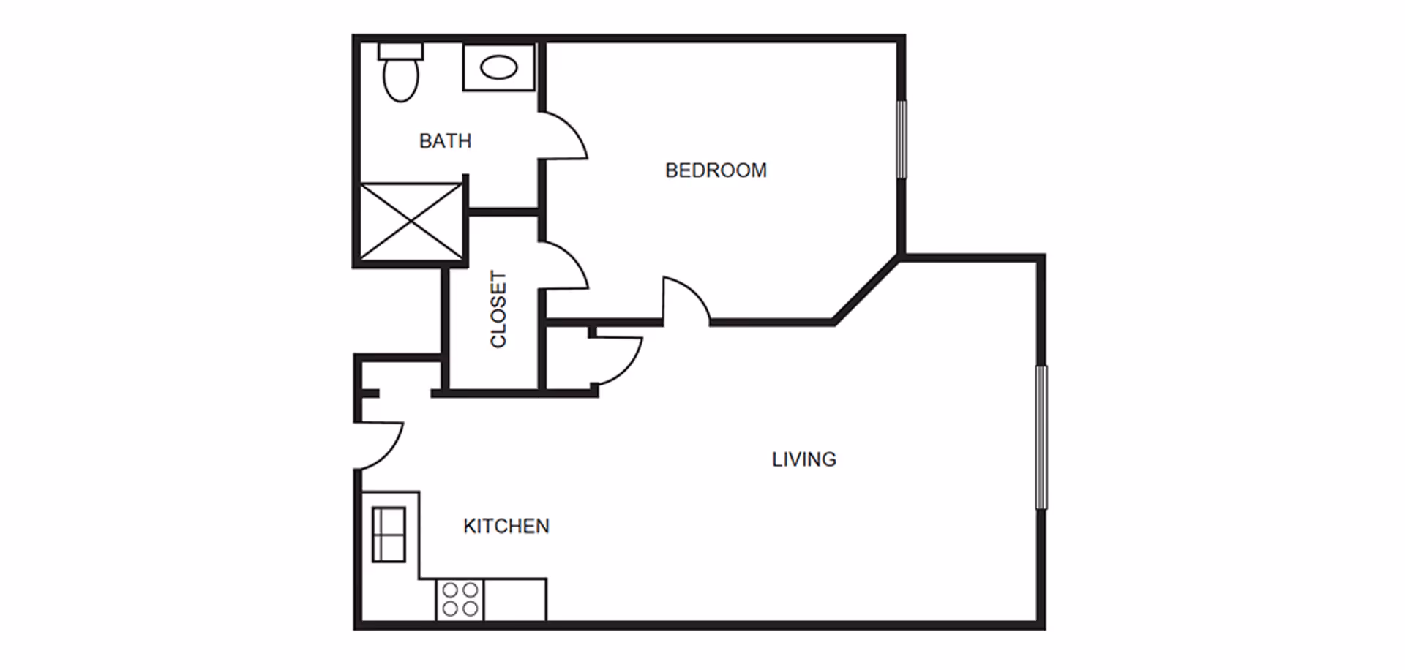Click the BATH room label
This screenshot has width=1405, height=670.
[445, 140]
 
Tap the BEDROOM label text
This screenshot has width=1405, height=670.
[716, 170]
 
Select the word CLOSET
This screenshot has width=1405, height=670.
[498, 309]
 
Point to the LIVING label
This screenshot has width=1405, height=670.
[803, 459]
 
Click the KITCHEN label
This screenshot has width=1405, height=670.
[506, 526]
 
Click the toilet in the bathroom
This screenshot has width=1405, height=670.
[400, 79]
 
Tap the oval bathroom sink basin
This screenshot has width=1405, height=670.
[498, 68]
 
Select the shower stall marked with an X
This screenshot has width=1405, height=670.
[411, 221]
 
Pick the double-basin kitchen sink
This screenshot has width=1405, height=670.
[389, 535]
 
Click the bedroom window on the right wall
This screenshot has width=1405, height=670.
[902, 139]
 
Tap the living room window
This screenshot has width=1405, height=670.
[1041, 437]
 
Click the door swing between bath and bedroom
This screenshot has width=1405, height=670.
[565, 137]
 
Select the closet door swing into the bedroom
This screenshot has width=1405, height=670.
[566, 267]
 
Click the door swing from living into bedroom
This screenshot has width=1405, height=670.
[685, 300]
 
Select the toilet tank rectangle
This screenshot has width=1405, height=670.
[400, 51]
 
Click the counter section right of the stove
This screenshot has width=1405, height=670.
[514, 600]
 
